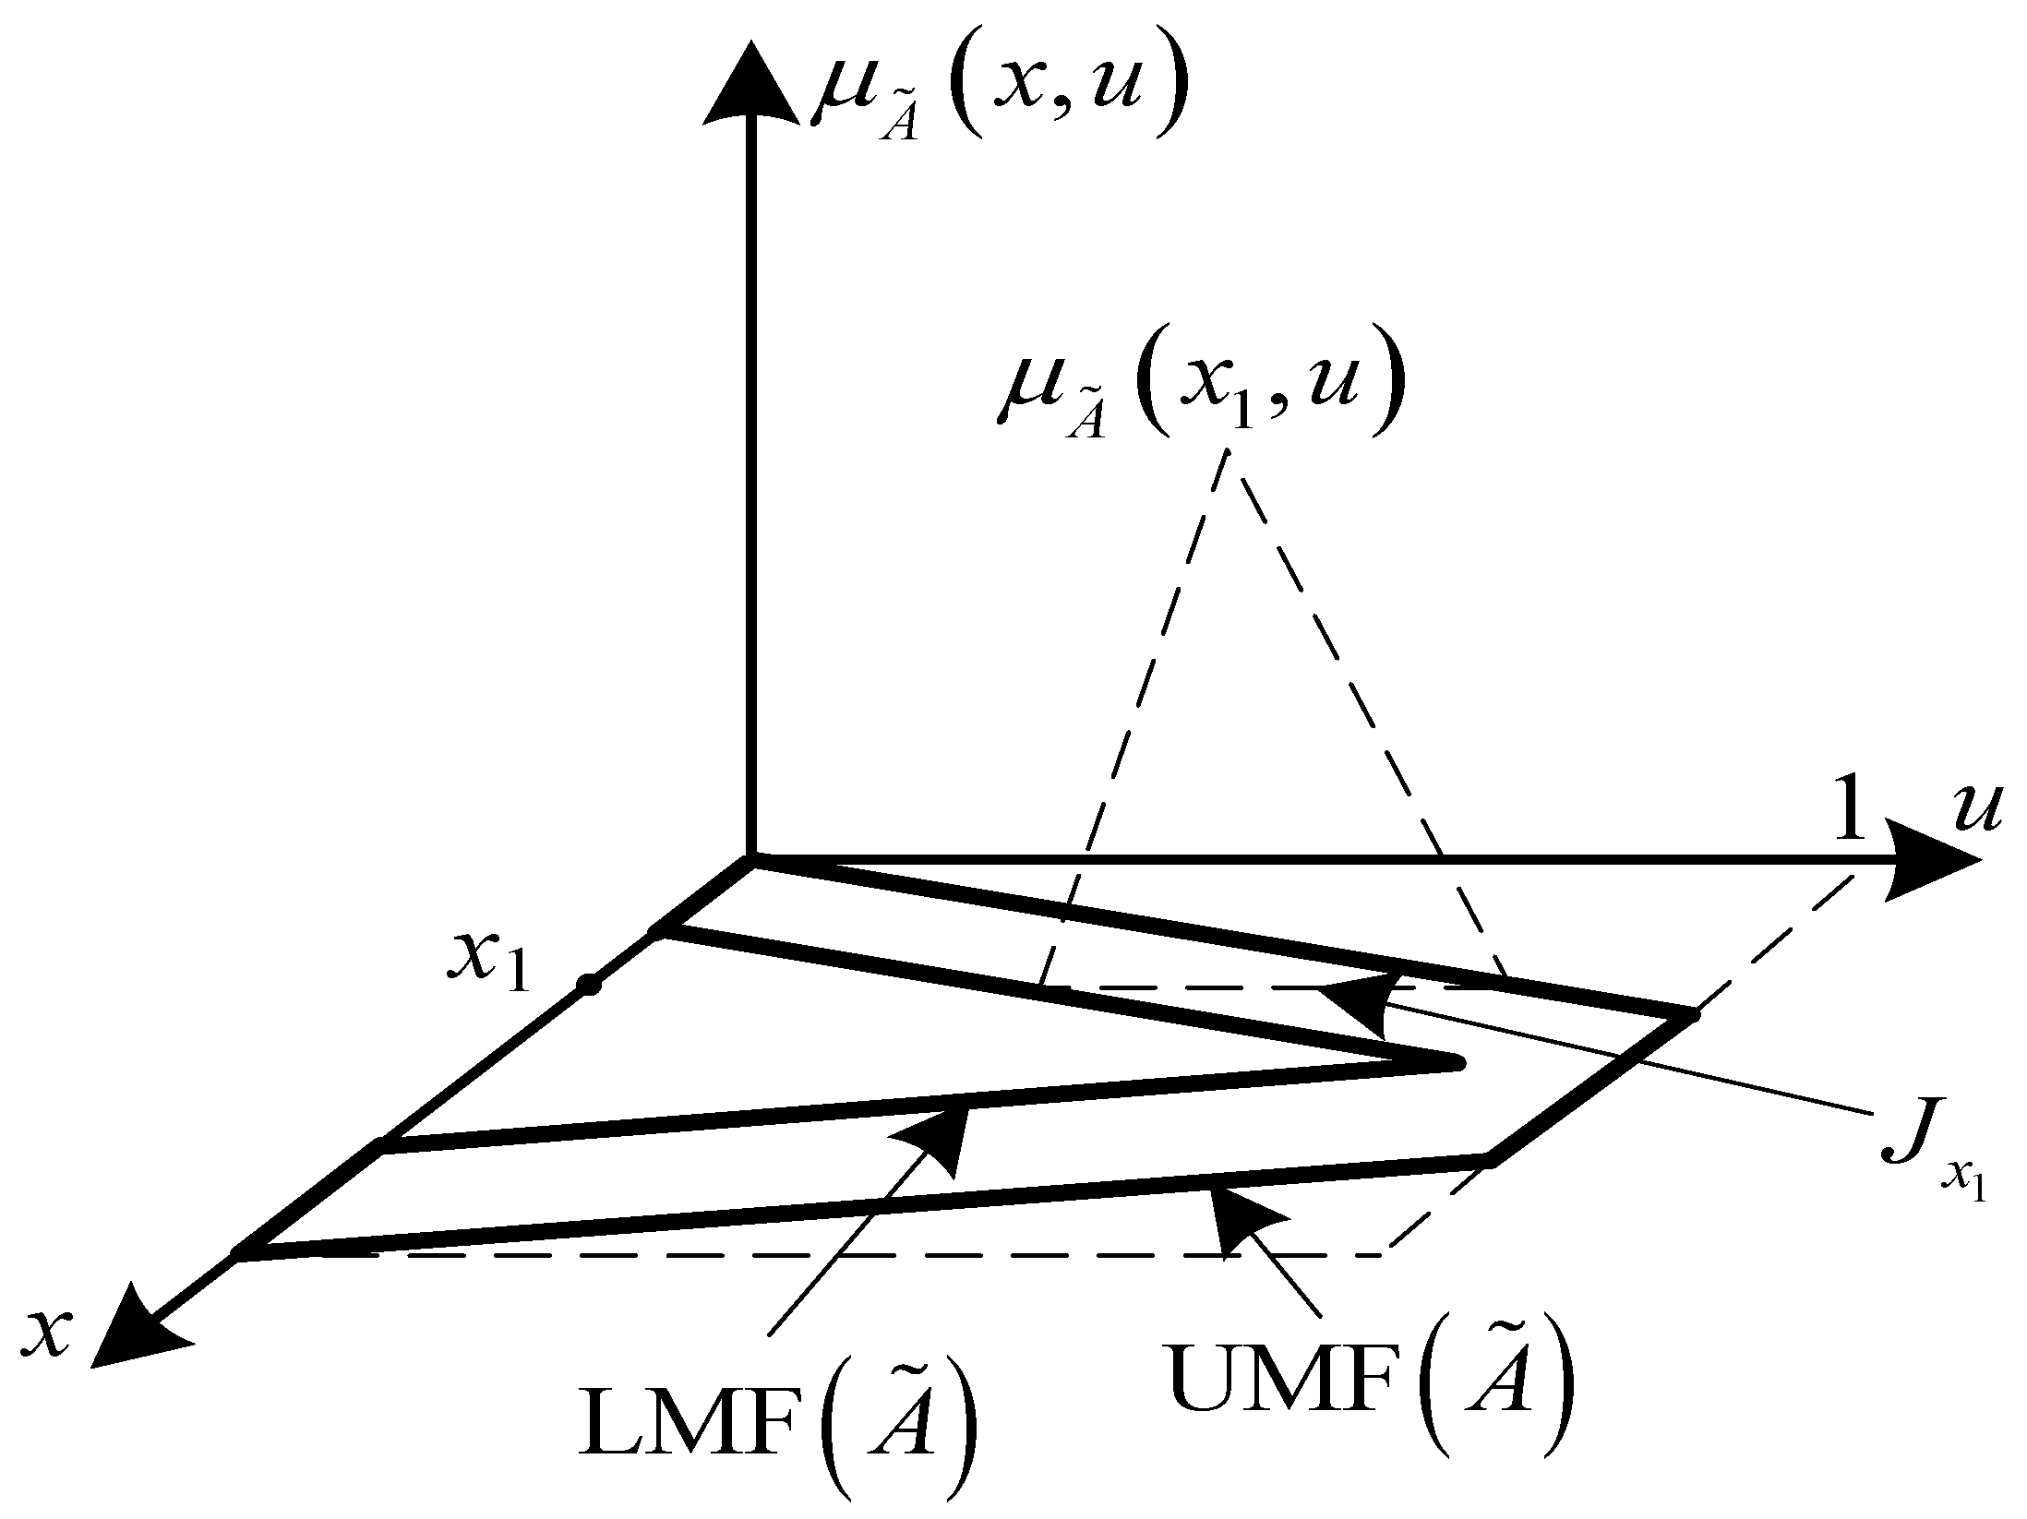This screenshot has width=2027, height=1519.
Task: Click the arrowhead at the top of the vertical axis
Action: point(751,88)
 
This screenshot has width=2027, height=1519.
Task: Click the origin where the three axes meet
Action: point(751,859)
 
